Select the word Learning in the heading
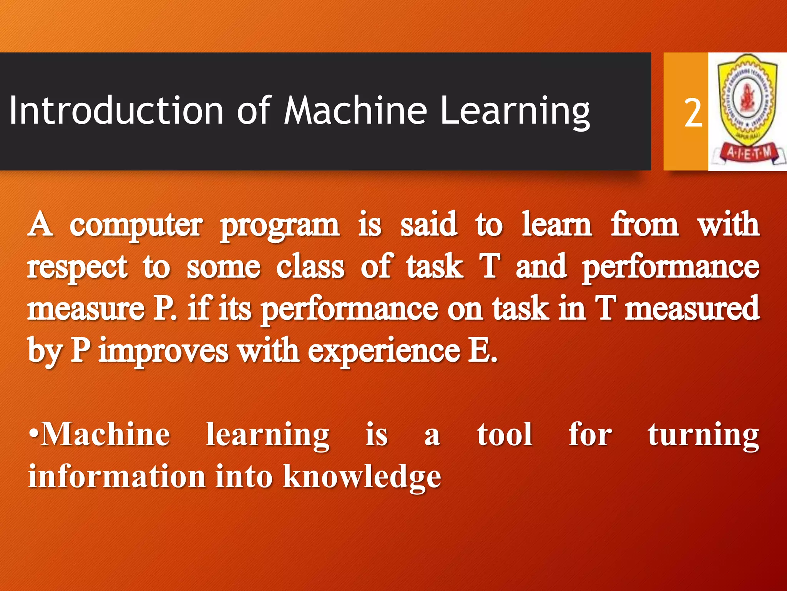coord(515,112)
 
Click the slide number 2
coord(693,113)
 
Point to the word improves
coord(164,351)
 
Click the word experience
coord(384,351)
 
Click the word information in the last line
coord(117,476)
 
